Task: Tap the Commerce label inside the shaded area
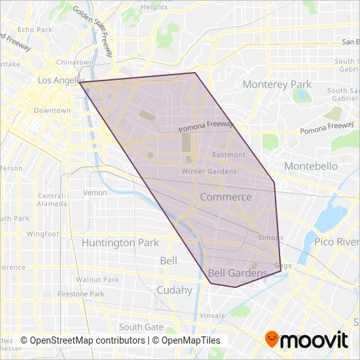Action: pos(225,197)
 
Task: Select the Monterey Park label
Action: pos(277,84)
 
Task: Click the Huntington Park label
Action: pos(120,243)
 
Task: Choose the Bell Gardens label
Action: pos(238,273)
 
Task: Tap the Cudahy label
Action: pos(175,290)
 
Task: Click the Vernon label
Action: pos(95,192)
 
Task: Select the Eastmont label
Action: pos(229,155)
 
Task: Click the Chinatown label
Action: pos(71,62)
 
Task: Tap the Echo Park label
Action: pos(35,29)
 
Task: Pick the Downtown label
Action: pos(52,111)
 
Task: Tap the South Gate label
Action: pos(141,327)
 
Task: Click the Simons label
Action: pos(270,238)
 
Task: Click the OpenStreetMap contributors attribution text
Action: pos(83,340)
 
